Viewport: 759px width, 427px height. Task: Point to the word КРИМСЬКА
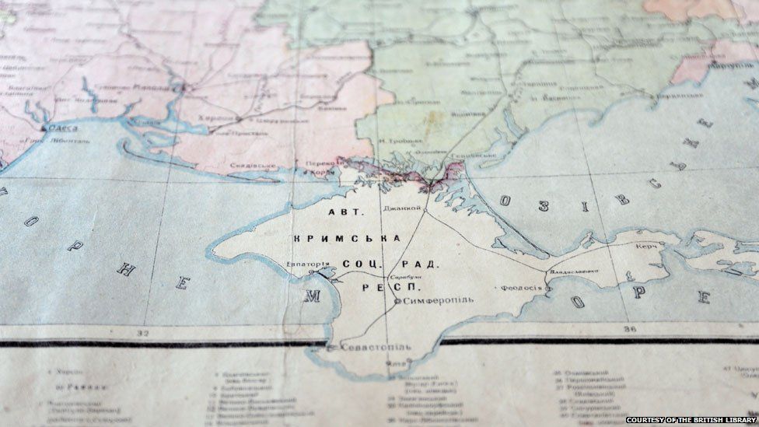[x=347, y=237]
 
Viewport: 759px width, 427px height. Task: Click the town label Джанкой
[x=402, y=208]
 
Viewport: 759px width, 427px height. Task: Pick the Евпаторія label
[x=307, y=264]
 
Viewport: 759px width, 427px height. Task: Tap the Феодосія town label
[x=522, y=287]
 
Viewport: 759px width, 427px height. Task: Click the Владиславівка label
[x=574, y=271]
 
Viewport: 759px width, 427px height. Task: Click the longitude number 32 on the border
[x=142, y=333]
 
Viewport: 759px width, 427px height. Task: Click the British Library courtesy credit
[x=690, y=420]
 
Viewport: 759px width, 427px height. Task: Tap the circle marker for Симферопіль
[x=397, y=301]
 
